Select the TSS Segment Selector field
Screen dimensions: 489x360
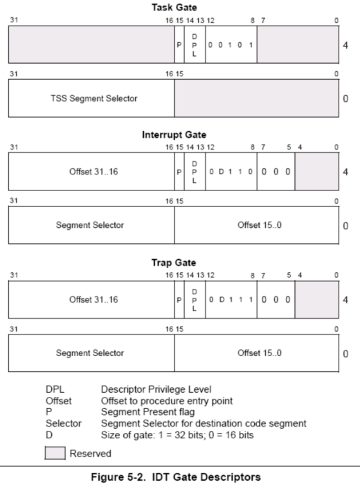(91, 98)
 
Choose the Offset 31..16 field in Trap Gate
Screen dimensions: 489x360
(91, 299)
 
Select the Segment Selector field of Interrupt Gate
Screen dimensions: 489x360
(91, 226)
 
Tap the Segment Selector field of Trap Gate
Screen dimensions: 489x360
(91, 353)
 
